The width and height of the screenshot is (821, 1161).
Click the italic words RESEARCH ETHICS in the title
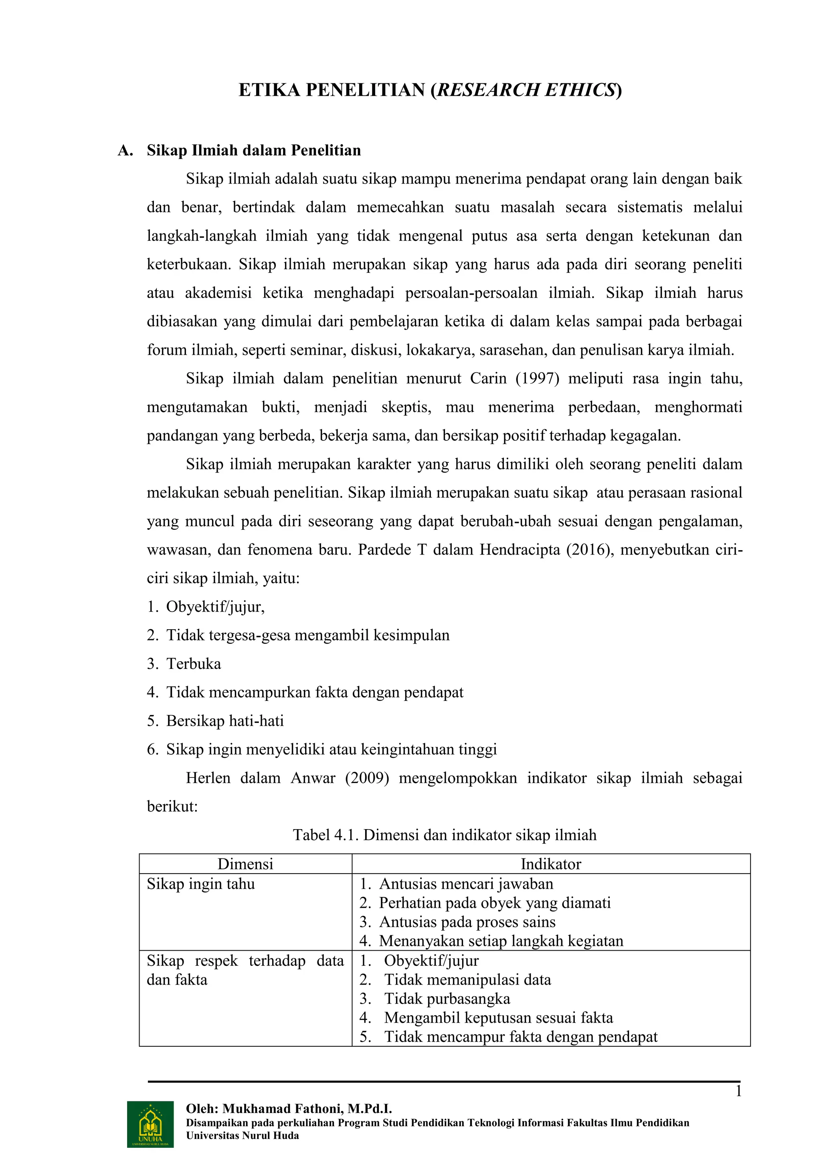pos(526,90)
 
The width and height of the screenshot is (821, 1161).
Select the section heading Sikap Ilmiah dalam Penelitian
pos(253,150)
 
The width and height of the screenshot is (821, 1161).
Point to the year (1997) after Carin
pos(537,378)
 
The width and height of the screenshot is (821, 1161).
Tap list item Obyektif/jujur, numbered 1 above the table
pos(215,607)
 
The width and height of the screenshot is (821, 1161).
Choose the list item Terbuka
pos(194,664)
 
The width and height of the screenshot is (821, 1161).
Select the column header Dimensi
pos(245,864)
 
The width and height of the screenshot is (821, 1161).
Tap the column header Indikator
pos(550,864)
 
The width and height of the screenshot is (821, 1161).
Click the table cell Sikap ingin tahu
pos(201,884)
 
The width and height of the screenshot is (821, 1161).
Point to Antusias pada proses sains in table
pos(467,922)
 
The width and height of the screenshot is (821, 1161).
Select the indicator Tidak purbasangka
pos(447,999)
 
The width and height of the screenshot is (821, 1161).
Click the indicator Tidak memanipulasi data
pos(467,979)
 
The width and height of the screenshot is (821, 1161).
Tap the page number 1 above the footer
pos(738,1091)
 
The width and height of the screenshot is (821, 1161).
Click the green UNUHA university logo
pos(150,1124)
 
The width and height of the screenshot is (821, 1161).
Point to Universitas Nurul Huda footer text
pos(242,1136)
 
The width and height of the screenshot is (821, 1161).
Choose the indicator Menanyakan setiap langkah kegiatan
pos(501,941)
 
